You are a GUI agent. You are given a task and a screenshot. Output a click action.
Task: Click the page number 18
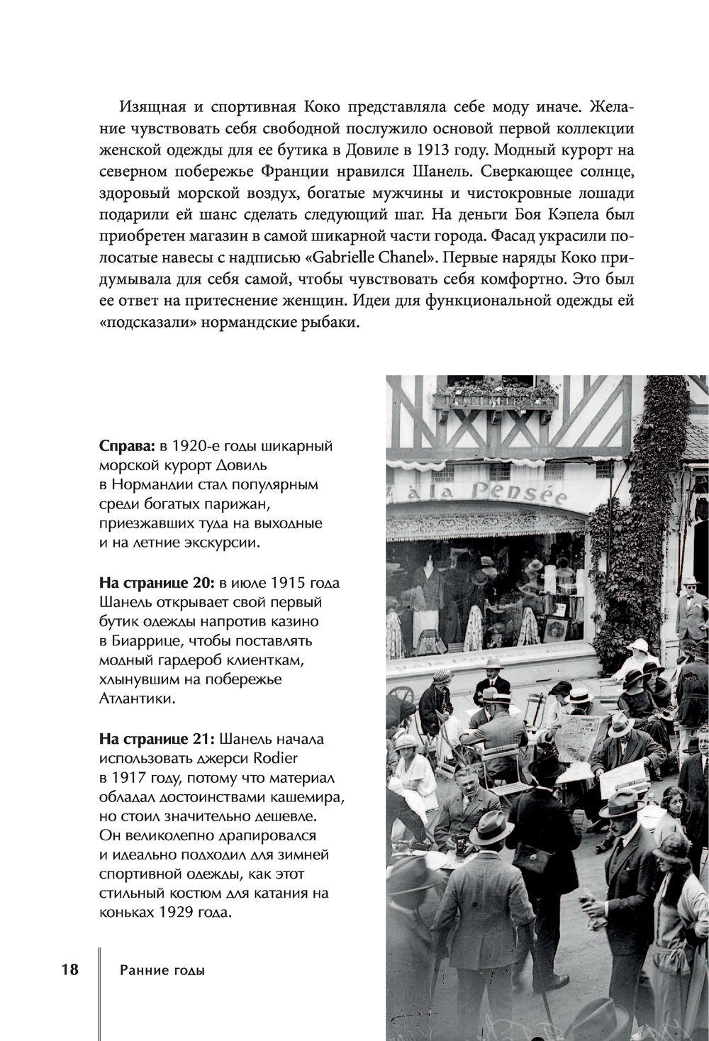(69, 969)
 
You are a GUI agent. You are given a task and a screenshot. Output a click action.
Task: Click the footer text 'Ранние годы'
(162, 971)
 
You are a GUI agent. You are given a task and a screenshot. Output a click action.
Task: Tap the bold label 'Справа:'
(128, 447)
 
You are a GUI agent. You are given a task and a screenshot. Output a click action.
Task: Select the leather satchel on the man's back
(533, 857)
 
